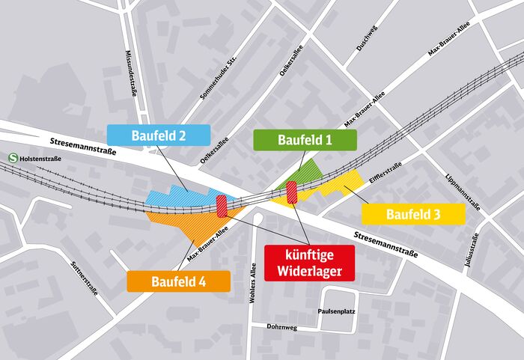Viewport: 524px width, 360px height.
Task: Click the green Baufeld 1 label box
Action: pyautogui.click(x=305, y=140)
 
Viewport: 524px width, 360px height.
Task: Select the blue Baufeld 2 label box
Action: pyautogui.click(x=158, y=135)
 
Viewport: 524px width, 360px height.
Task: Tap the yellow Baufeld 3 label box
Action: pyautogui.click(x=413, y=214)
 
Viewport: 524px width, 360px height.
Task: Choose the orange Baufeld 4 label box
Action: pyautogui.click(x=177, y=281)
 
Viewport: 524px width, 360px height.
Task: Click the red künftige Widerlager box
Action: pyautogui.click(x=308, y=262)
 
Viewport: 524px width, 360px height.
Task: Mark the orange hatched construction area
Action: pyautogui.click(x=187, y=223)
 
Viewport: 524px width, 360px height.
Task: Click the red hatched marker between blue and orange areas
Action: pyautogui.click(x=222, y=206)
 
